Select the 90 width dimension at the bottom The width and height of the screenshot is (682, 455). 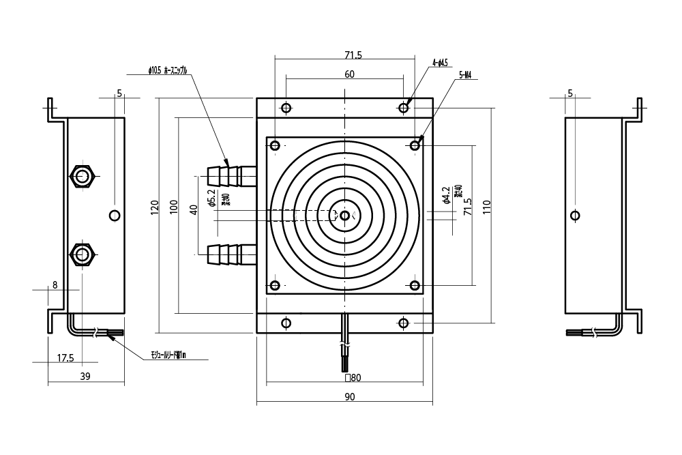tap(350, 397)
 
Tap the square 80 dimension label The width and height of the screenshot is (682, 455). tap(353, 377)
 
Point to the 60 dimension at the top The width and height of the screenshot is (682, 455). tap(349, 75)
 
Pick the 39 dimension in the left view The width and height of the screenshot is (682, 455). tap(86, 376)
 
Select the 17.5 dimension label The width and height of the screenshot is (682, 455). tap(65, 357)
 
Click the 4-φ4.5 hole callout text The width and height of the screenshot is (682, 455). tap(440, 63)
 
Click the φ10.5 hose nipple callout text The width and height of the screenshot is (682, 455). tap(167, 70)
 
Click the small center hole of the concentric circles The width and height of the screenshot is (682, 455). tap(345, 216)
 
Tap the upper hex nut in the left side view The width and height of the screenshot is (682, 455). tap(83, 176)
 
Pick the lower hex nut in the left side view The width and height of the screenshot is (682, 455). tap(83, 255)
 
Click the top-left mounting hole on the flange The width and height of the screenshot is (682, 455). tap(286, 108)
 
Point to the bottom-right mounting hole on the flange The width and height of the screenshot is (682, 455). tap(404, 322)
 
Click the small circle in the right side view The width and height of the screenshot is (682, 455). tap(576, 216)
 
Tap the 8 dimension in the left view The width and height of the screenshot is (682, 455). tap(55, 284)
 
